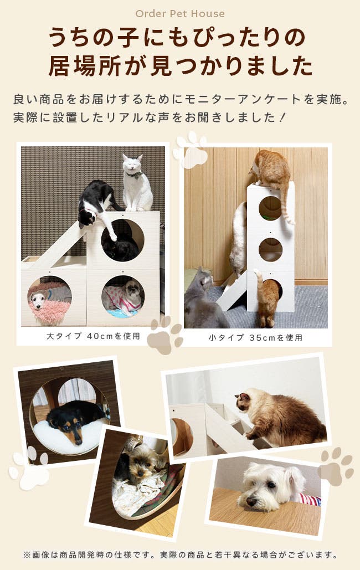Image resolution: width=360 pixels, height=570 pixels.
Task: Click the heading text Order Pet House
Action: click(180, 14)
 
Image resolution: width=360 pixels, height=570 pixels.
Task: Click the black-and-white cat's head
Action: click(86, 217)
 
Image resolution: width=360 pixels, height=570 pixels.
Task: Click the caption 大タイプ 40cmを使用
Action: click(94, 336)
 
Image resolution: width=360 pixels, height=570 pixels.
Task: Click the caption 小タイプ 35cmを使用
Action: click(256, 338)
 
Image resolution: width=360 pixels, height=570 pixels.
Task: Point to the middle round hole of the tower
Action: click(270, 250)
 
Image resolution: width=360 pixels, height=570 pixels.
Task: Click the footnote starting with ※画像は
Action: click(181, 554)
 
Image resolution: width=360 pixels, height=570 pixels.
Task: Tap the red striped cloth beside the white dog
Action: click(309, 499)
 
